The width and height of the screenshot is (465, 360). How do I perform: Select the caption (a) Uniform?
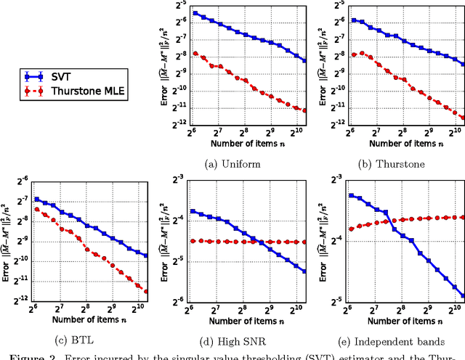[245, 163]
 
